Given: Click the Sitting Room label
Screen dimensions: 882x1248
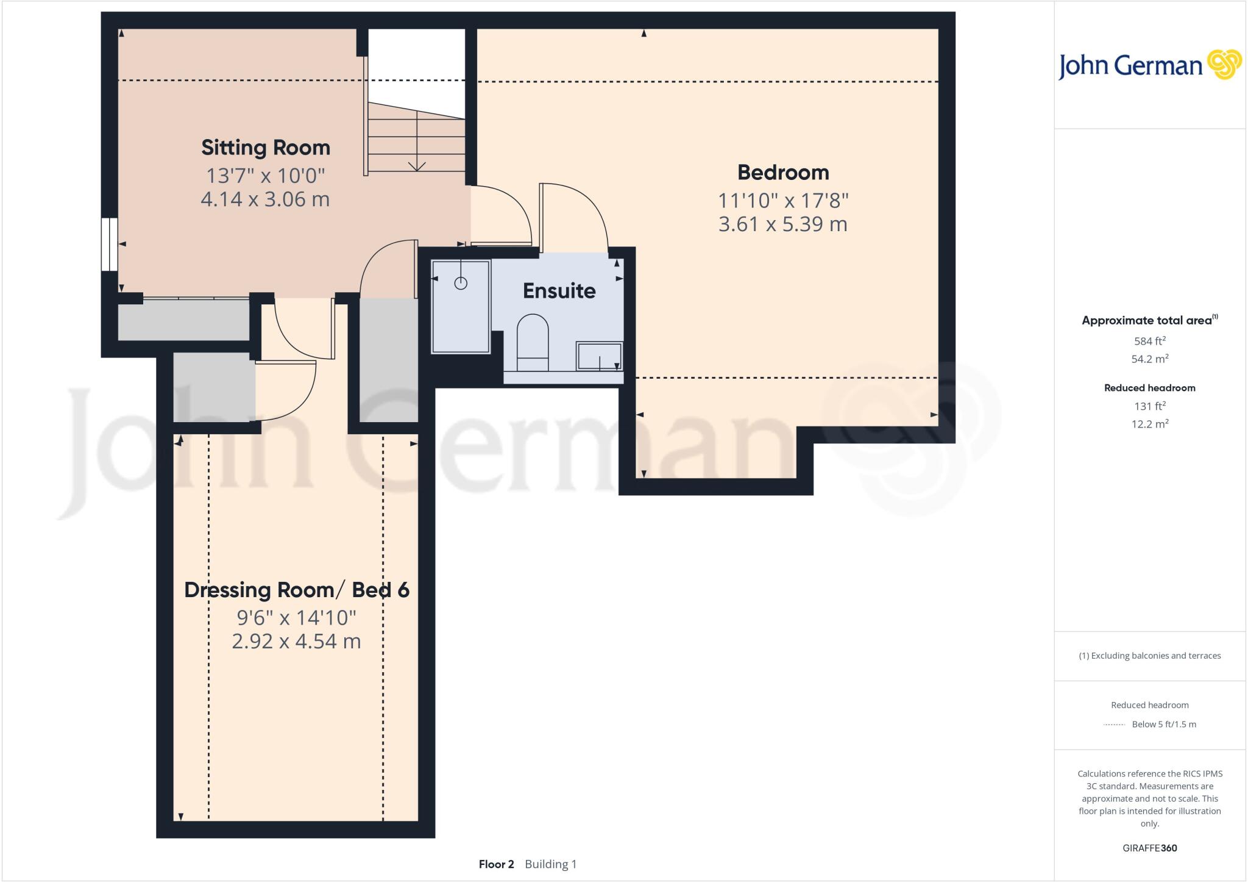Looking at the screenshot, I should click(266, 148).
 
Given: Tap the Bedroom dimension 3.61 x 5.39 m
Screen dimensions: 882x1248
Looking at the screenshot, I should click(782, 224).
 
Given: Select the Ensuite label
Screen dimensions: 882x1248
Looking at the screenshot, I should click(559, 291).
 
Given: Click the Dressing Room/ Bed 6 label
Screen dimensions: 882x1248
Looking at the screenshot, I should click(297, 590).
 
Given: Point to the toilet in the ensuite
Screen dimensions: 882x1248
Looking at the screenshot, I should click(532, 342).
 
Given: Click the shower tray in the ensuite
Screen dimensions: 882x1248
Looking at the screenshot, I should click(461, 307).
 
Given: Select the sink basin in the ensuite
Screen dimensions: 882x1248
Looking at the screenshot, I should click(600, 356).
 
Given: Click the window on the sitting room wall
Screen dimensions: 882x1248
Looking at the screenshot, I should click(109, 244).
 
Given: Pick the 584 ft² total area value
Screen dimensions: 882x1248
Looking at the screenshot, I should click(1149, 341).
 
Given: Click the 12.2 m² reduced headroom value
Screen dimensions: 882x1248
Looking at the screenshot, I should click(1149, 424).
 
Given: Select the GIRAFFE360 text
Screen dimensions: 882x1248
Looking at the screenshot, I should click(1149, 848).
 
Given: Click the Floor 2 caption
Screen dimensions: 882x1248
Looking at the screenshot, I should click(496, 864).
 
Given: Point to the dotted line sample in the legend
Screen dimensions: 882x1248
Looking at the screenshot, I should click(1114, 725).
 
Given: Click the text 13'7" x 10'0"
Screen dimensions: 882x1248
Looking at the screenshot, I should click(266, 176).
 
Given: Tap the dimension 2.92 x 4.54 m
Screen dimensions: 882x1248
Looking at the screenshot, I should click(297, 642).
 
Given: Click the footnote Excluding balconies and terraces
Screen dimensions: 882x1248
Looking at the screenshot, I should click(1149, 656).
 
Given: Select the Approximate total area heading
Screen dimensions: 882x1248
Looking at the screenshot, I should click(1147, 320).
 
